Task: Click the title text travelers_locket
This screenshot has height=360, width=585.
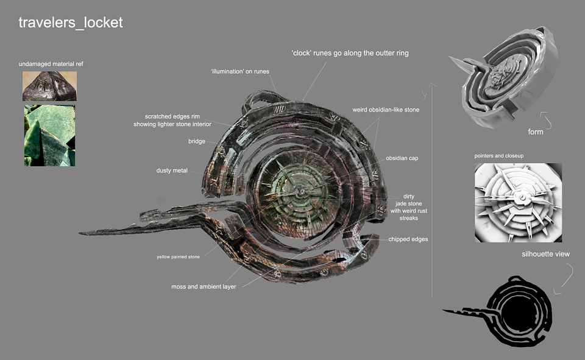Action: (71, 23)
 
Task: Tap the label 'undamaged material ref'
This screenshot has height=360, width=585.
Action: (51, 64)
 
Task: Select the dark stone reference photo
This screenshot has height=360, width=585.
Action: (49, 86)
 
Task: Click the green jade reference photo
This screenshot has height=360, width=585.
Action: (49, 135)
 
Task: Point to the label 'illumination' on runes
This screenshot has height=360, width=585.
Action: (240, 71)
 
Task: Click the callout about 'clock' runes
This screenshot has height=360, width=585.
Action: (350, 53)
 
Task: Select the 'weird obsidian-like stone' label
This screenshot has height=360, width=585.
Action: (386, 110)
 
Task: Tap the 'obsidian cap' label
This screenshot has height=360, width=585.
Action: (402, 158)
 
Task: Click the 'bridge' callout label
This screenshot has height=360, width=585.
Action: (197, 141)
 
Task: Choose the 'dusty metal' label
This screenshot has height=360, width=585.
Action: (172, 171)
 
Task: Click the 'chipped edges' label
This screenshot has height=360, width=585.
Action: (408, 239)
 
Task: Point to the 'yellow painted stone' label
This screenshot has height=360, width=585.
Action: (178, 256)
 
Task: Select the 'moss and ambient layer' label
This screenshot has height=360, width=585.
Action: (204, 286)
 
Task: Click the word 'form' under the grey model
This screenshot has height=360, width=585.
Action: (536, 132)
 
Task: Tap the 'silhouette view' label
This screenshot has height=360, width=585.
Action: (545, 254)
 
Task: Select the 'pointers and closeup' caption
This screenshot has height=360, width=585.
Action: (499, 155)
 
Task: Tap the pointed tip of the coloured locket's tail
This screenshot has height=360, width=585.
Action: (79, 233)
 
